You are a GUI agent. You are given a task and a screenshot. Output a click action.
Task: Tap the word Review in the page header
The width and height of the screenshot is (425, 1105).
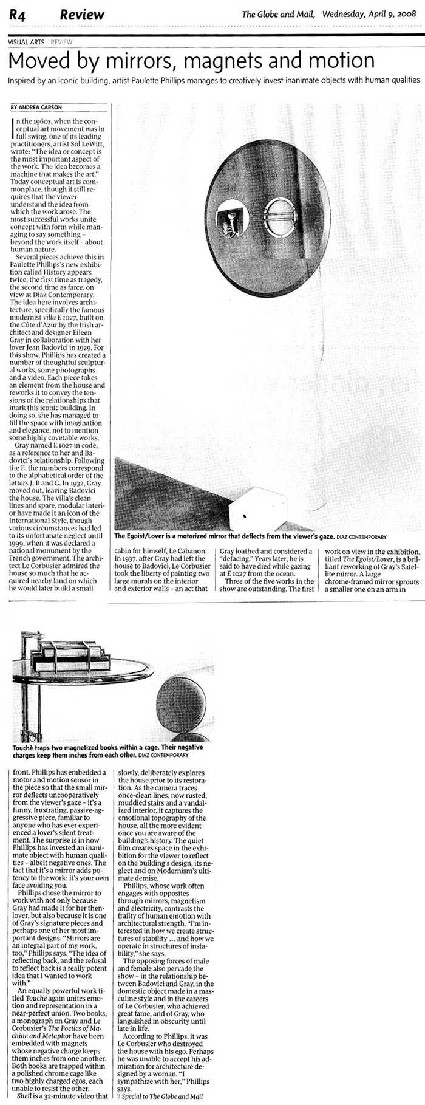point(81,15)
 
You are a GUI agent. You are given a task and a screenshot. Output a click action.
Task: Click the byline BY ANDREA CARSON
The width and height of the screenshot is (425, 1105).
point(35,108)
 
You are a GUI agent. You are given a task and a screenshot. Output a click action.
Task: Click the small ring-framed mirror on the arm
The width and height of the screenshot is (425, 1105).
point(280,217)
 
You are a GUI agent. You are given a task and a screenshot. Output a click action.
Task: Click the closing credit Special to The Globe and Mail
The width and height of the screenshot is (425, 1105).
point(158,1096)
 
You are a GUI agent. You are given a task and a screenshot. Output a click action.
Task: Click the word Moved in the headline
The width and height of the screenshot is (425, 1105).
point(38,61)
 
